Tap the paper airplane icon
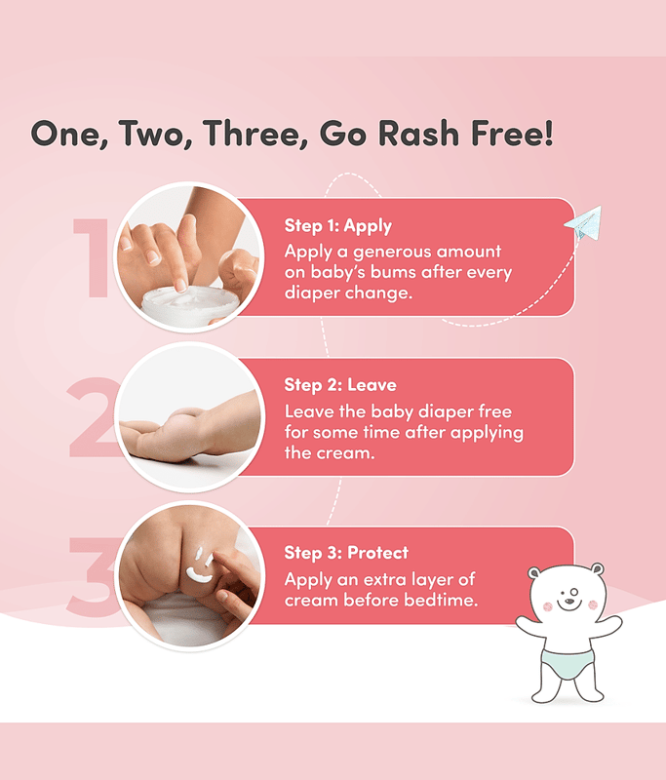tap(583, 222)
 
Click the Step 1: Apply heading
tap(337, 226)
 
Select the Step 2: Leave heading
tap(340, 385)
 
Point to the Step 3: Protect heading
tap(346, 553)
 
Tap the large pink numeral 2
tap(95, 416)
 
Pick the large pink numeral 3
tap(95, 576)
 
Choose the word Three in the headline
tap(255, 135)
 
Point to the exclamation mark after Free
tap(548, 133)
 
